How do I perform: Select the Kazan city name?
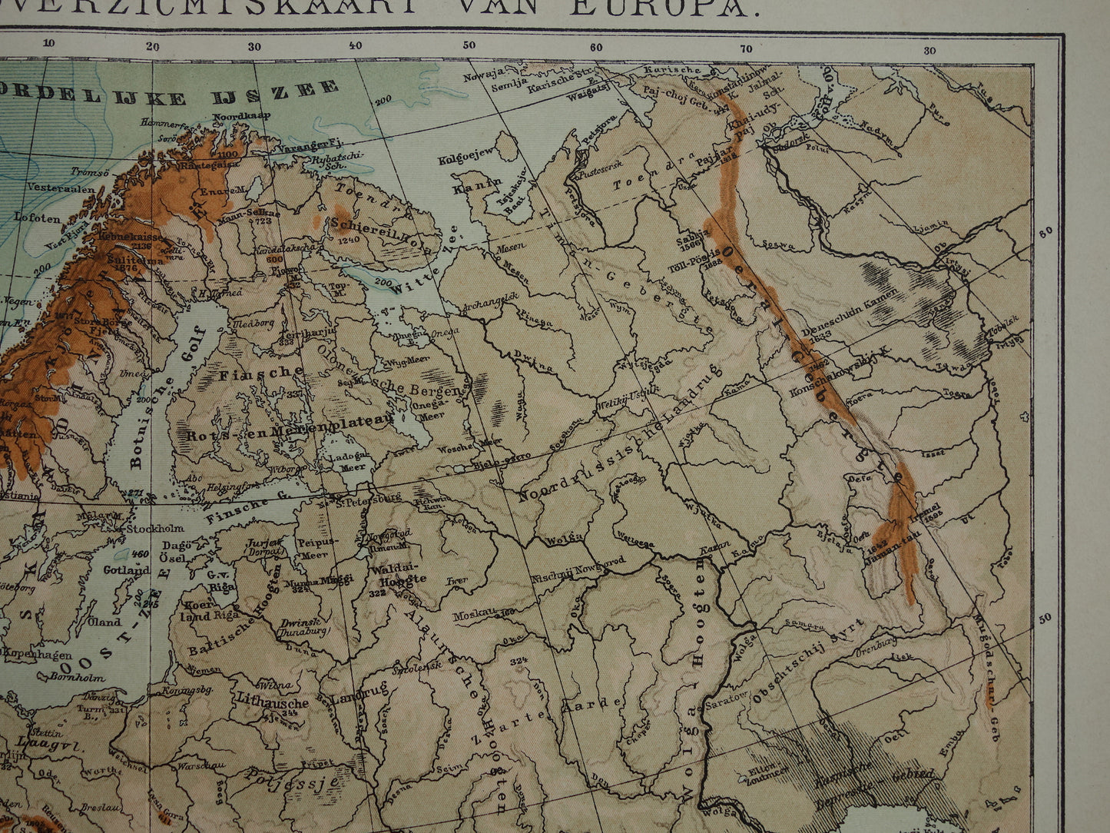tap(714, 553)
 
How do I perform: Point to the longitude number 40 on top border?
tap(355, 45)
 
